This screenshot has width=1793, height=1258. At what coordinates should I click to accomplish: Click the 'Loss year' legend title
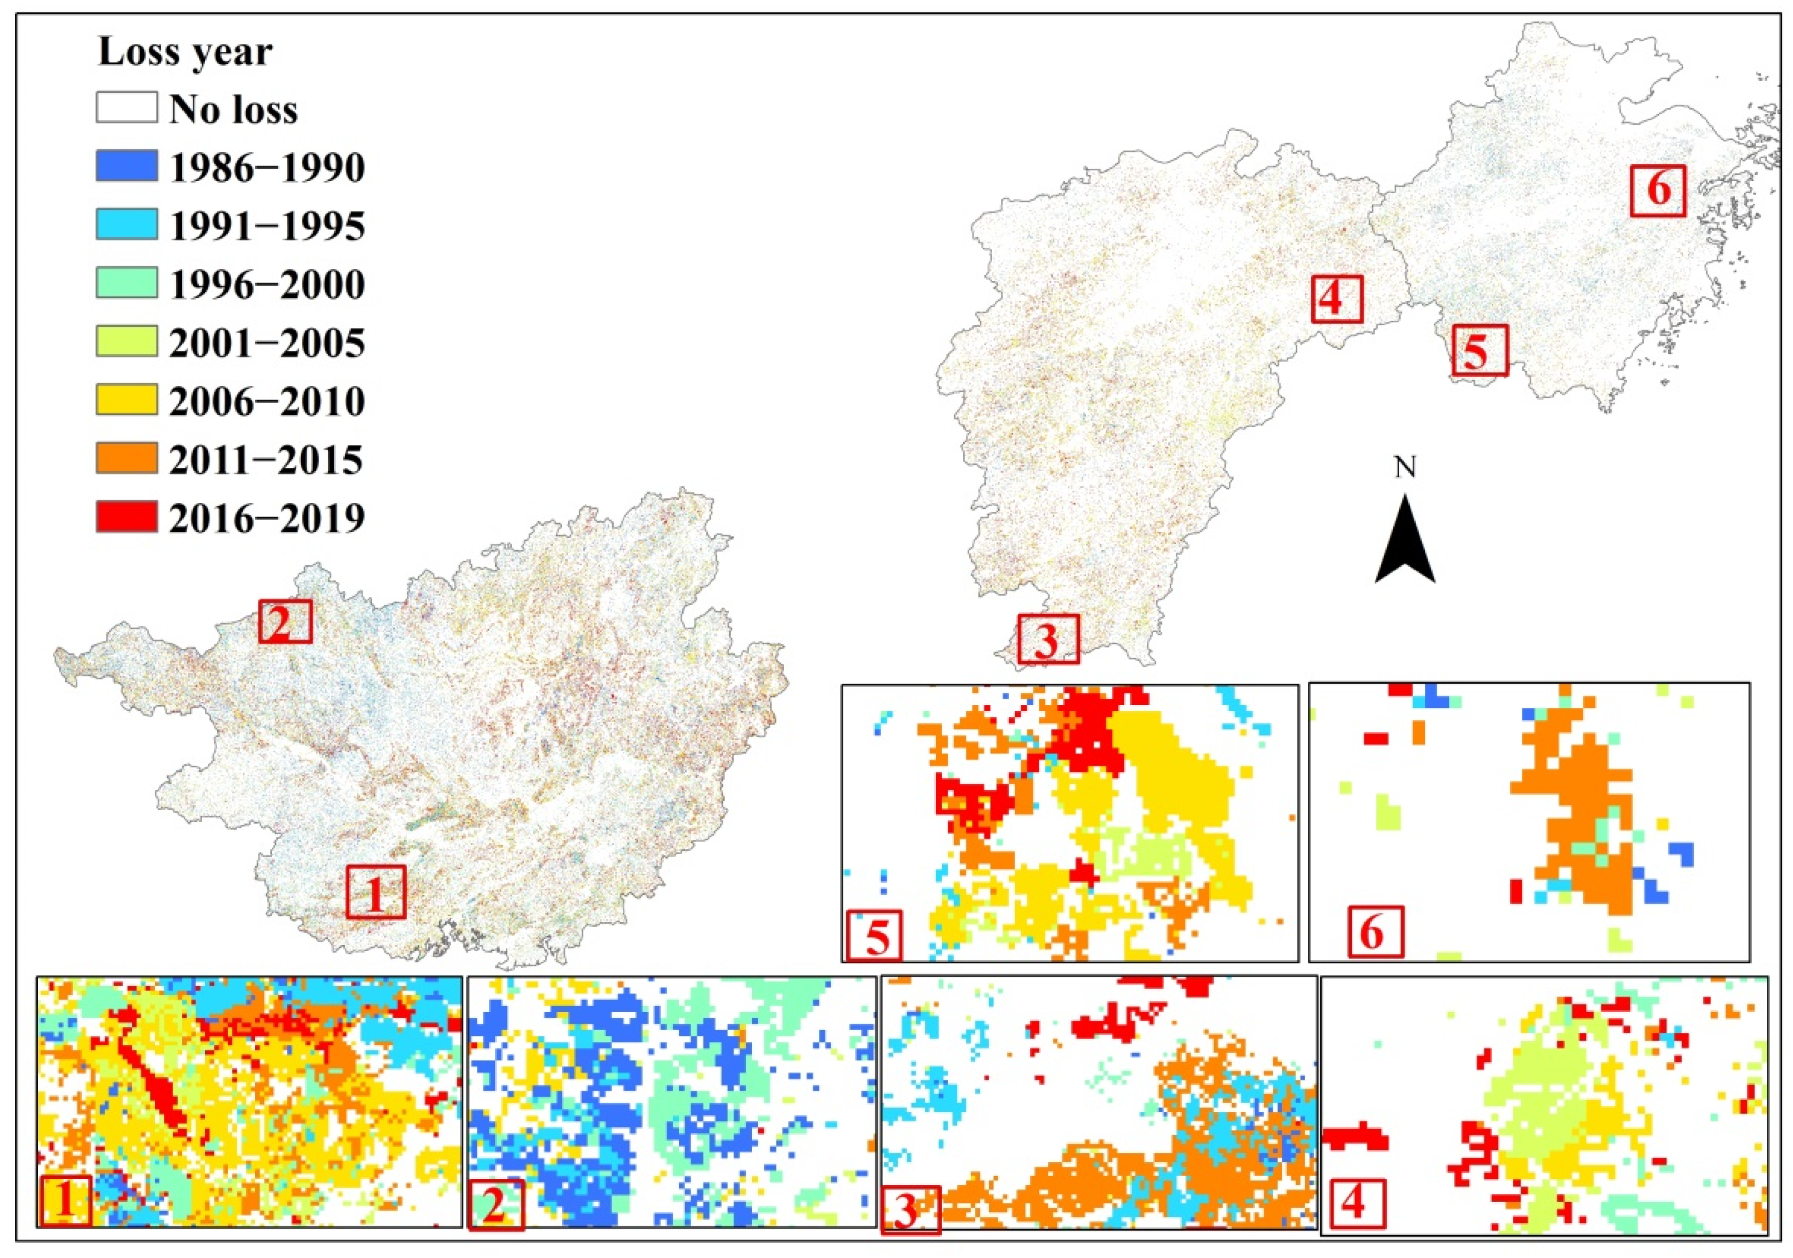pos(185,52)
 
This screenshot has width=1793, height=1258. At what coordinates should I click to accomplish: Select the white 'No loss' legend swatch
pos(126,108)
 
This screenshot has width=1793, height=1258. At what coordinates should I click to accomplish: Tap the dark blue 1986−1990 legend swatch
pos(126,167)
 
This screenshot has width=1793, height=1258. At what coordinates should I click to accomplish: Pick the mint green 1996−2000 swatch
pos(126,283)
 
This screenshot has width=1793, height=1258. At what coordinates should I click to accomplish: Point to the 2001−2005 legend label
pos(266,343)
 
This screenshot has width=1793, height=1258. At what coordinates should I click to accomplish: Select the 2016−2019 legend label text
pos(266,518)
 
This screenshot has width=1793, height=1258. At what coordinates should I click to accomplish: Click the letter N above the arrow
pos(1405,468)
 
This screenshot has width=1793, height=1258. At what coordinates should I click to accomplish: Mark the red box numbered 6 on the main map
pos(1658,190)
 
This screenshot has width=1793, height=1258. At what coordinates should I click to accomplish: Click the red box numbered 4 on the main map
pos(1336,299)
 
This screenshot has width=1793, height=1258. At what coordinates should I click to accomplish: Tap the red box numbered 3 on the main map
pos(1048,639)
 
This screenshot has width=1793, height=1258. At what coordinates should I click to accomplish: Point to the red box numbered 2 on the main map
pos(285,621)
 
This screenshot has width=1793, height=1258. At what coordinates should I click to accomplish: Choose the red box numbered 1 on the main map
pos(375,891)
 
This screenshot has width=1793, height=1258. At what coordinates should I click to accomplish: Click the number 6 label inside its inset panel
pos(1376,932)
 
